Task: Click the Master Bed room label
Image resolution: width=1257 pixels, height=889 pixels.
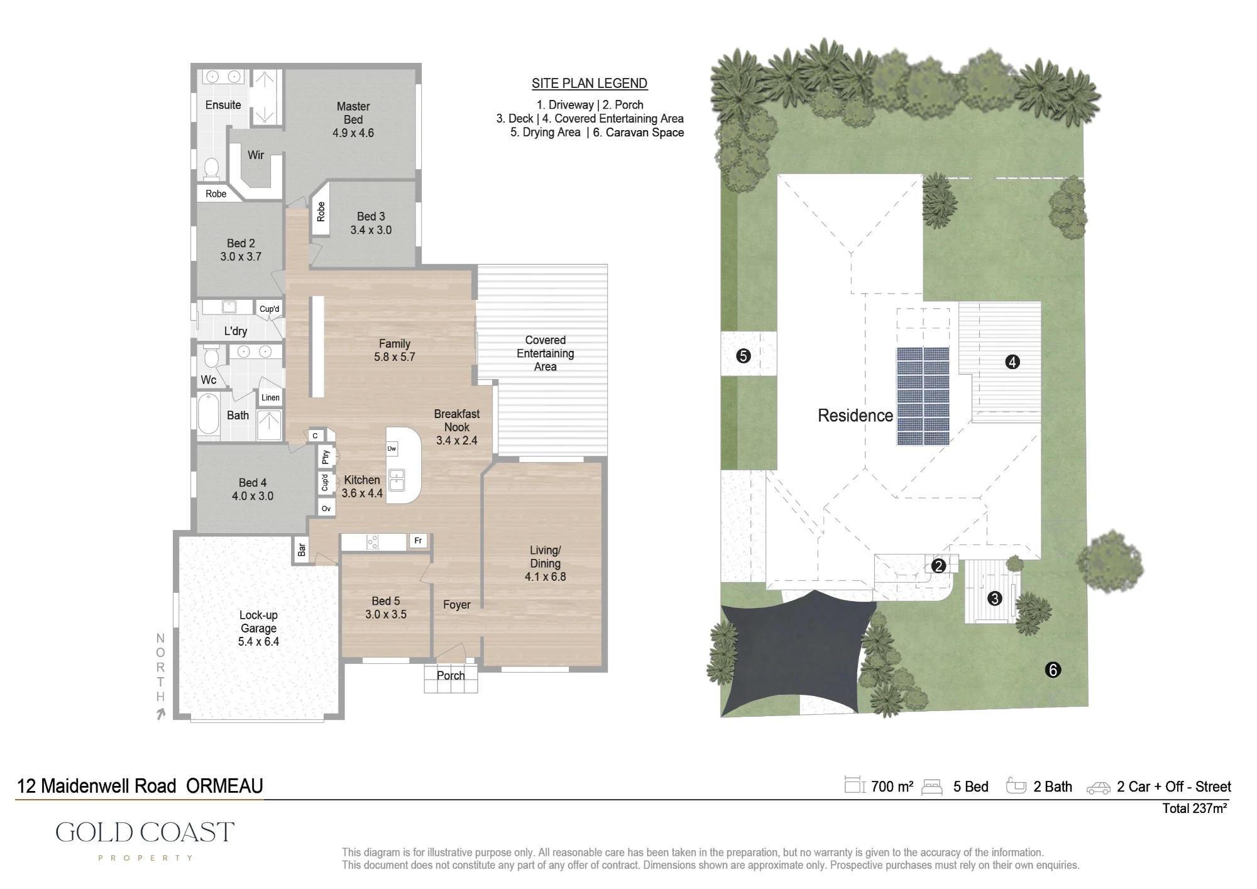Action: coord(353,113)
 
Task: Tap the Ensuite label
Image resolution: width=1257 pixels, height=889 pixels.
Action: coord(223,105)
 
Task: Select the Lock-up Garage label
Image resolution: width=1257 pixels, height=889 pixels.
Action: coord(258,621)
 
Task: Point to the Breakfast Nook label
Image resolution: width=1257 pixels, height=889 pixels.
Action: coord(457,420)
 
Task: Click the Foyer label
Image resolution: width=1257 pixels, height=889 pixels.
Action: coord(456,605)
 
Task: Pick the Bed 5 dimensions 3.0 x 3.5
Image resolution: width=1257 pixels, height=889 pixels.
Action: coord(386,614)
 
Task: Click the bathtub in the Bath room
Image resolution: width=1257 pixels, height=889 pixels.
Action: coord(209,414)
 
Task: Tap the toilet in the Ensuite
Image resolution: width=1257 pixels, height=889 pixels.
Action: coord(211,168)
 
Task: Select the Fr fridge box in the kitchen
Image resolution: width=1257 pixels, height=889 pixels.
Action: coord(419,541)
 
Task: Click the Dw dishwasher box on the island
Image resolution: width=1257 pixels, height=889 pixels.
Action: coord(392,448)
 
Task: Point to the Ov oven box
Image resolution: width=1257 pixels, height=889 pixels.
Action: coord(326,509)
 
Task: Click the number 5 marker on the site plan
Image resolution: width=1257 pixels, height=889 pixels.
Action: coord(744,356)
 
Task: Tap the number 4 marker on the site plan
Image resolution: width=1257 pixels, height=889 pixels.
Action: coord(1013,362)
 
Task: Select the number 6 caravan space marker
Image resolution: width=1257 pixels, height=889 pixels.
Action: coord(1053,670)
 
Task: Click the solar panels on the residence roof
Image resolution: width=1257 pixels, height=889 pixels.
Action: coord(923,396)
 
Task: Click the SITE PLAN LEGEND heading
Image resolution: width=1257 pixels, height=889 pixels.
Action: coord(590,84)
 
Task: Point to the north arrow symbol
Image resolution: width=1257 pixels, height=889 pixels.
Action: coord(161,714)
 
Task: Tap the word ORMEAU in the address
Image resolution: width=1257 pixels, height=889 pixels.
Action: coord(224,786)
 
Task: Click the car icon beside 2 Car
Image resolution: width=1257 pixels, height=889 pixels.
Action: coord(1099,788)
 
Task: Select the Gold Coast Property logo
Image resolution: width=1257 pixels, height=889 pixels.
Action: coord(145,840)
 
